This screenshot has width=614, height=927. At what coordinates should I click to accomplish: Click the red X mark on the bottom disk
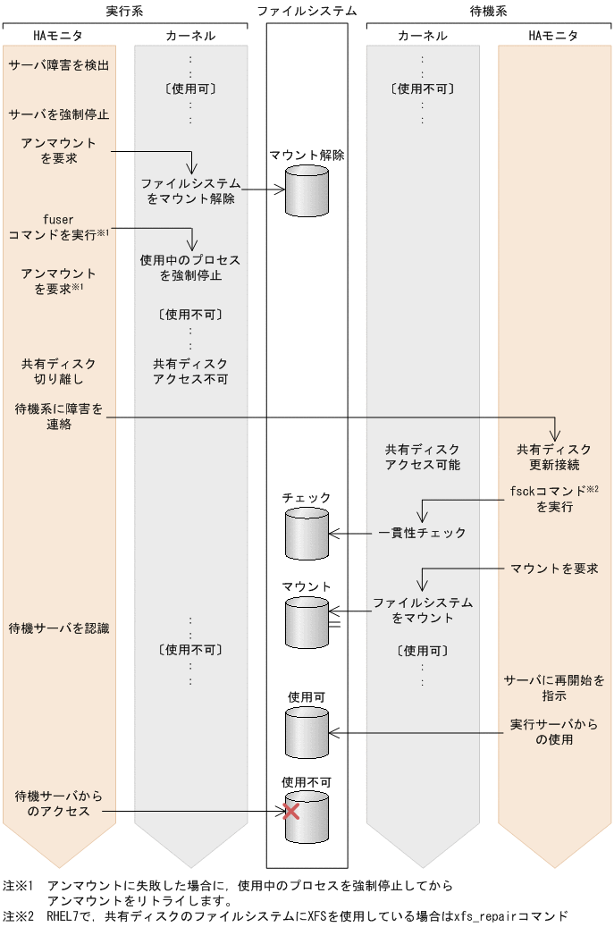point(290,811)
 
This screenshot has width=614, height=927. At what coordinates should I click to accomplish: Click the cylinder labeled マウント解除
point(307,190)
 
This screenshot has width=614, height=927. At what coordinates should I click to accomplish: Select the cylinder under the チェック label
point(307,533)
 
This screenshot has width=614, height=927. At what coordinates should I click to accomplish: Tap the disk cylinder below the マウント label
point(307,622)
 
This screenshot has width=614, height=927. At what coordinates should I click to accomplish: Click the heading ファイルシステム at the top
point(307,12)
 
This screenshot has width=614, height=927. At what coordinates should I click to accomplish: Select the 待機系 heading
point(489,12)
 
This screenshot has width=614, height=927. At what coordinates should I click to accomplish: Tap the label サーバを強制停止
point(59,114)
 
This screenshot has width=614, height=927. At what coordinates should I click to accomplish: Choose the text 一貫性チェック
point(422,533)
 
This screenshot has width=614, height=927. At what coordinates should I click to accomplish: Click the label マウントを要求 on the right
point(554,569)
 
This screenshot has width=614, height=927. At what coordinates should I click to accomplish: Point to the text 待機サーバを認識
point(59,628)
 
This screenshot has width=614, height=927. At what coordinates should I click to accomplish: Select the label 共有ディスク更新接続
point(554,457)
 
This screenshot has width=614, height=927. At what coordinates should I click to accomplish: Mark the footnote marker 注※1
point(18,886)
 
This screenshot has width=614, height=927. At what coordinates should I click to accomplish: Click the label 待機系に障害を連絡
point(59,417)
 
